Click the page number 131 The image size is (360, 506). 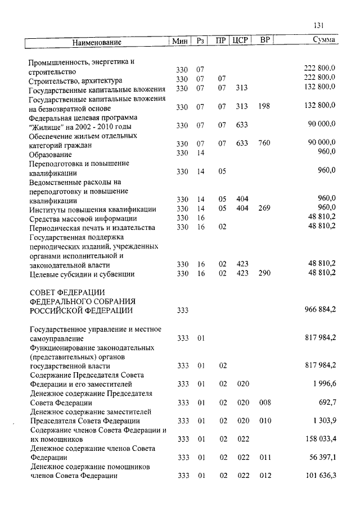pyautogui.click(x=319, y=25)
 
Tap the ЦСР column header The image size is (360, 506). pyautogui.click(x=240, y=41)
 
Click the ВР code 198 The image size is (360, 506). pyautogui.click(x=264, y=107)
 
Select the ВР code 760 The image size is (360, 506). pyautogui.click(x=264, y=144)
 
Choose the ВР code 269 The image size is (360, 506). pyautogui.click(x=264, y=209)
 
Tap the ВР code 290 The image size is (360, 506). pyautogui.click(x=264, y=273)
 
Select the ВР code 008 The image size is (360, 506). pyautogui.click(x=264, y=403)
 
